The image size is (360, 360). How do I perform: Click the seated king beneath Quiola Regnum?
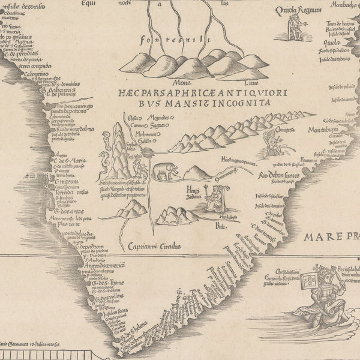295,28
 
